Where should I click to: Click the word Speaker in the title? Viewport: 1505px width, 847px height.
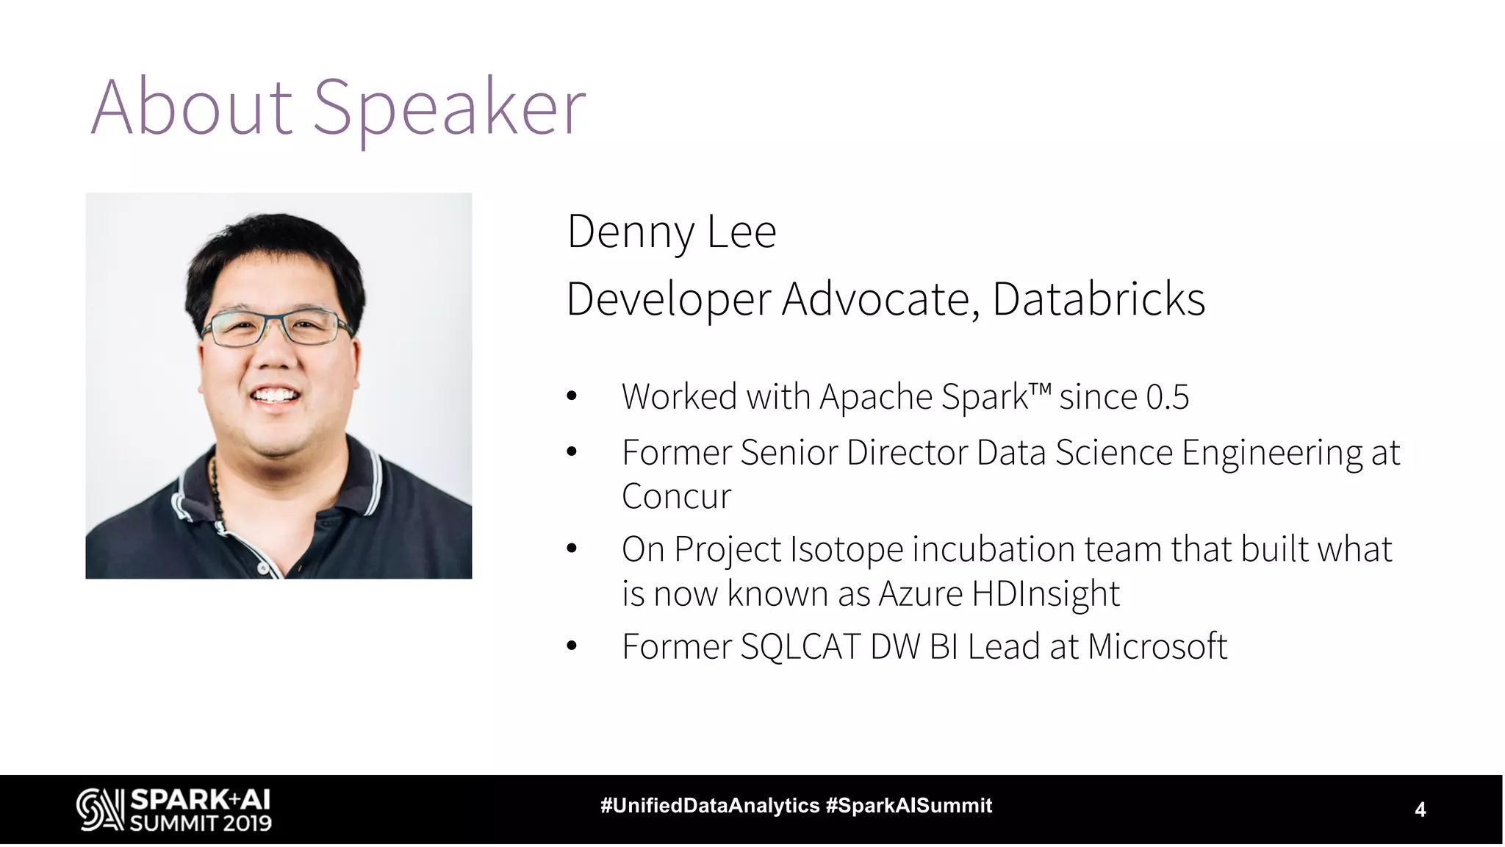pos(450,108)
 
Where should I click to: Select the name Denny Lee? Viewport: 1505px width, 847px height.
pos(671,232)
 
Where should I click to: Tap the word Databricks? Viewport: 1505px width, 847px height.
pos(1099,299)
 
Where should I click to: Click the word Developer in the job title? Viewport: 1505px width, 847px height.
pos(669,299)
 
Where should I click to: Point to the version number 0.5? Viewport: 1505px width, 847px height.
pos(1167,397)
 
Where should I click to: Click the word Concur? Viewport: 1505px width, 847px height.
pos(676,496)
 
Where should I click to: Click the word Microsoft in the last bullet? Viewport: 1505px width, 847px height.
pos(1157,647)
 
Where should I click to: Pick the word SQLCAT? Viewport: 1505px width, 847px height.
pos(800,647)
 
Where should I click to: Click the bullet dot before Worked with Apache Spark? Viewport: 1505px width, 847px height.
pos(572,397)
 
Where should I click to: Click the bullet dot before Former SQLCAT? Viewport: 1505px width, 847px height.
pos(572,647)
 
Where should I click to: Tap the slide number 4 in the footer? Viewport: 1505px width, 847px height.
pos(1420,810)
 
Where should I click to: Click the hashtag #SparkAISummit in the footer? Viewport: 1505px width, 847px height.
pos(909,806)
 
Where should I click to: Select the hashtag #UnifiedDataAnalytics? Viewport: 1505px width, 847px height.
pos(710,806)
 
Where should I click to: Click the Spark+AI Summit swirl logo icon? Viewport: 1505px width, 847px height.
pos(100,810)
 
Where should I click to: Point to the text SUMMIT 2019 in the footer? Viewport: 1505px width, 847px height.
pos(201,823)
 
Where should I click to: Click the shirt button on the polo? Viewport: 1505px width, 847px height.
pos(262,568)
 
